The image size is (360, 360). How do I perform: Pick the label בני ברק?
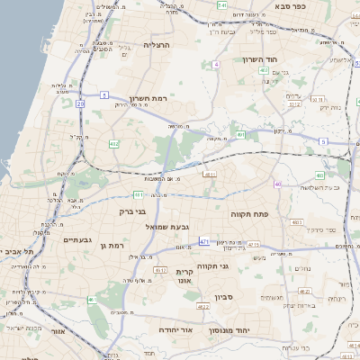coord(131,211)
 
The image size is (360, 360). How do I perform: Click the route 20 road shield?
coord(80,103)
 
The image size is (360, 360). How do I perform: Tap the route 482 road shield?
coord(114,143)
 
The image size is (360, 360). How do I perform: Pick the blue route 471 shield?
coord(204,242)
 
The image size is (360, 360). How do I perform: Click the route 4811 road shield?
coord(210,175)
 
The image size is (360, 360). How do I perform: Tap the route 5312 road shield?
coord(293,103)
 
